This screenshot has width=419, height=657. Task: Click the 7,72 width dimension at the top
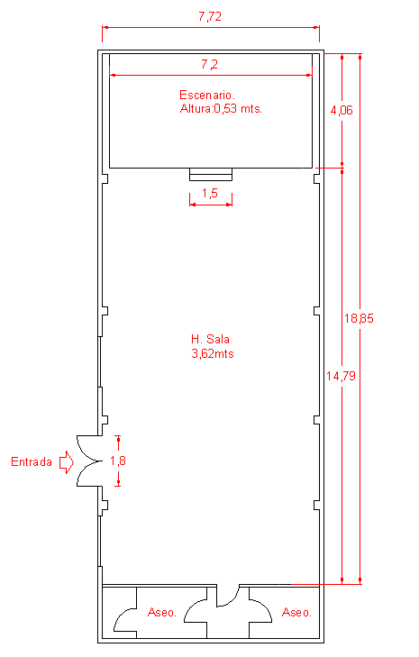(210, 17)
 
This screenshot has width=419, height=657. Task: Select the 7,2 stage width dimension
(209, 65)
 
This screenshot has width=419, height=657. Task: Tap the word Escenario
(207, 95)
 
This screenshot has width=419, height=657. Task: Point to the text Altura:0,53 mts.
(221, 109)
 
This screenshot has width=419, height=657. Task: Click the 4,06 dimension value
(342, 110)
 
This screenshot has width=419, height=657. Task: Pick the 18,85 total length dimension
(359, 318)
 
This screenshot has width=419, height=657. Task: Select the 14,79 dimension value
(342, 376)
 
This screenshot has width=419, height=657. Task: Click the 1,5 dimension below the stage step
(210, 193)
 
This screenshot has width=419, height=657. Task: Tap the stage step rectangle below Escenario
(211, 174)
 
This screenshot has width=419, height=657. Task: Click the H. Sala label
(210, 339)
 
